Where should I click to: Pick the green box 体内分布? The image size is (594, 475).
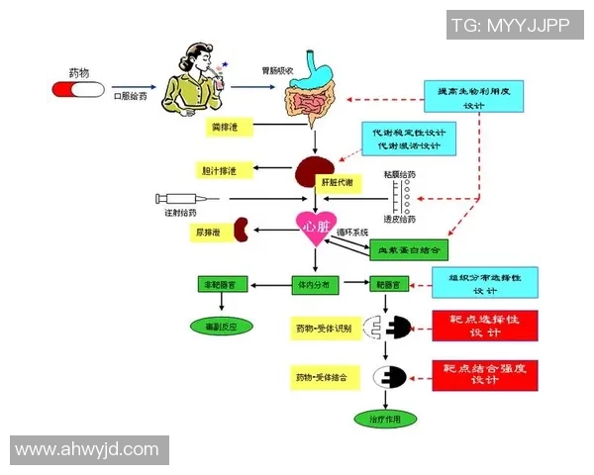point(315,284)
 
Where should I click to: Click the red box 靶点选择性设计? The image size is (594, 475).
point(484,328)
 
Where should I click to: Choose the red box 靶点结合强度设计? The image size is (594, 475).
point(484,374)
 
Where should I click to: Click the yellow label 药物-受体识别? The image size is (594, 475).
point(322,327)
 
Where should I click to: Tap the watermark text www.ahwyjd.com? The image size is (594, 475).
point(87,449)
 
